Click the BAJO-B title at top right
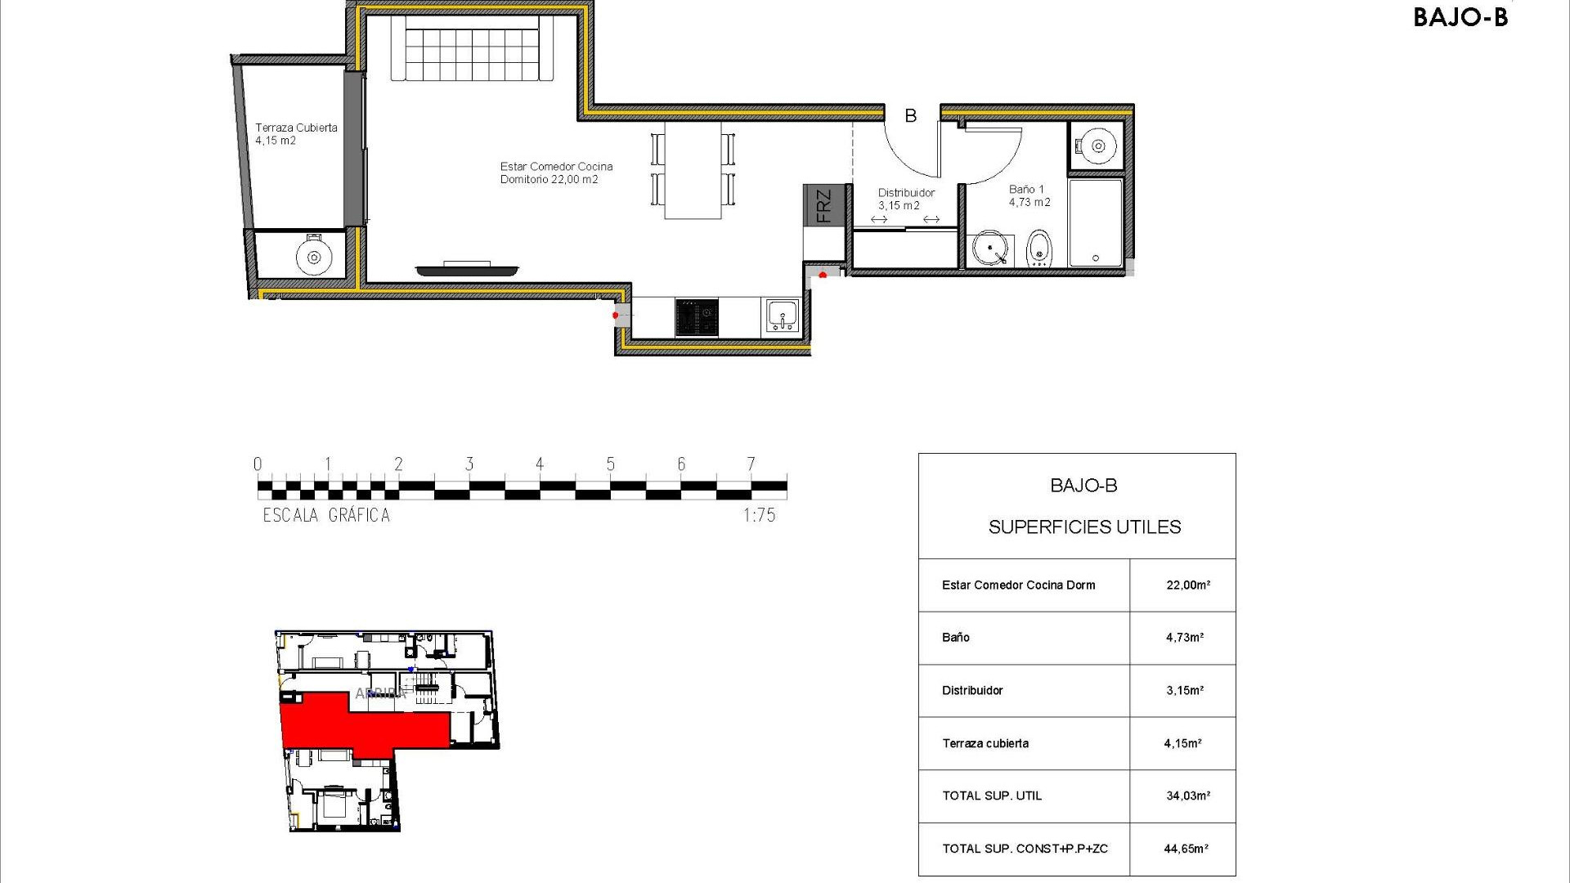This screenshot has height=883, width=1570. [x=1460, y=17]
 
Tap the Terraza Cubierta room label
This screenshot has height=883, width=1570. [x=295, y=133]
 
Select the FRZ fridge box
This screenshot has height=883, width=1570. [x=823, y=205]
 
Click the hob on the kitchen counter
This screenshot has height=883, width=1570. [x=697, y=317]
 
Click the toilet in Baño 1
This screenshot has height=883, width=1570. [x=1038, y=249]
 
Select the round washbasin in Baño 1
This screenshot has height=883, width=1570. [x=990, y=248]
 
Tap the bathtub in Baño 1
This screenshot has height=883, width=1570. [x=1096, y=222]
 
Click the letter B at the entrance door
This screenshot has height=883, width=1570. [x=910, y=116]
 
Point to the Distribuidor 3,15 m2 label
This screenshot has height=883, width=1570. [x=905, y=199]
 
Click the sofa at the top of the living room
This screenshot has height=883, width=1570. [x=473, y=49]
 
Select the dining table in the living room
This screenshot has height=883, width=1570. [x=693, y=170]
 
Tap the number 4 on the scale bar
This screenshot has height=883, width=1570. [x=540, y=464]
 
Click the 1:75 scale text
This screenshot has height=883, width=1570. [x=759, y=515]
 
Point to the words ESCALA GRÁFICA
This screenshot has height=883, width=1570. [x=326, y=515]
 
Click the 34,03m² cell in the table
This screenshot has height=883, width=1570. [x=1187, y=796]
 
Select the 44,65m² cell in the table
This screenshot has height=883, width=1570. [x=1186, y=849]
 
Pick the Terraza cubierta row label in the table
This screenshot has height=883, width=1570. [x=985, y=743]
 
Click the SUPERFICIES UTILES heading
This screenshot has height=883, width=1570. [x=1084, y=527]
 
